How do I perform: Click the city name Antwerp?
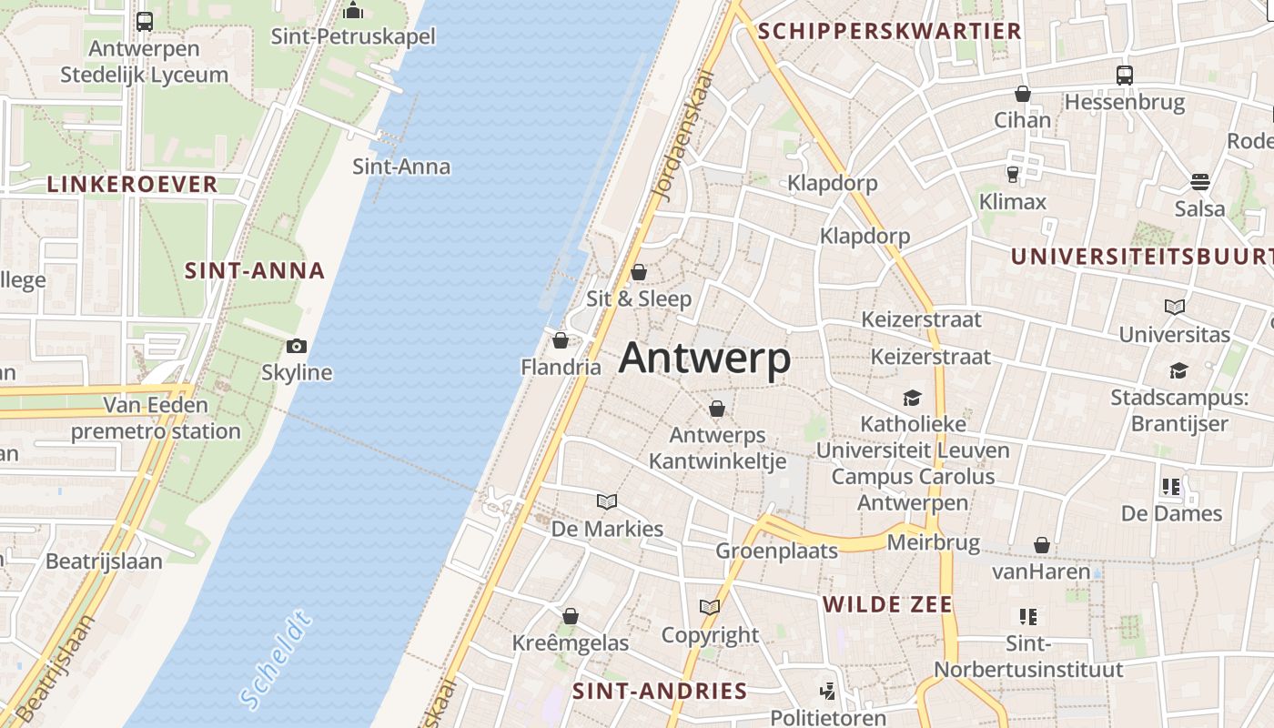click(x=704, y=359)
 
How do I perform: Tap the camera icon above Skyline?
click(x=296, y=346)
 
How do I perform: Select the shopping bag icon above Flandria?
click(x=561, y=340)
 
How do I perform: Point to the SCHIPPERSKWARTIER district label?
click(x=889, y=31)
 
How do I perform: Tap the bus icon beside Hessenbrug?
click(x=1125, y=75)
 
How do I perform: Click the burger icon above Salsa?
click(x=1199, y=182)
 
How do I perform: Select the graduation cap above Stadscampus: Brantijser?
click(x=1178, y=370)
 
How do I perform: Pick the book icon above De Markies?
click(x=607, y=501)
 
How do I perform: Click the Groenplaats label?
click(x=776, y=551)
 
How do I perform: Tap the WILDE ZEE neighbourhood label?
click(x=887, y=604)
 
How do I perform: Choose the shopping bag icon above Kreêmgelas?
click(x=571, y=616)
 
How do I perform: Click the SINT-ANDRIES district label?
click(x=660, y=691)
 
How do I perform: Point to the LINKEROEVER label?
click(x=132, y=184)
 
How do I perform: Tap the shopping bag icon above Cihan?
click(x=1023, y=94)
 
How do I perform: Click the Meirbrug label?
click(x=933, y=543)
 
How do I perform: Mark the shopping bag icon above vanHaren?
click(x=1041, y=545)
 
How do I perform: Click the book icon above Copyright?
click(x=710, y=607)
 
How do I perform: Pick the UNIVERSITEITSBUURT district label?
click(x=1142, y=257)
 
